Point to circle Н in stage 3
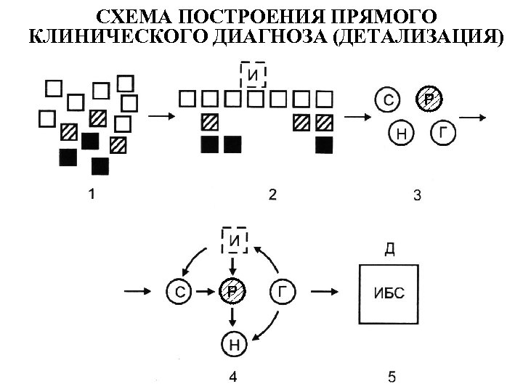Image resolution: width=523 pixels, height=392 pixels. pyautogui.click(x=401, y=133)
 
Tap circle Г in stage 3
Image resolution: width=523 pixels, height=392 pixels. pyautogui.click(x=444, y=133)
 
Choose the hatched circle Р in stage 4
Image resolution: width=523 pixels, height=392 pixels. pyautogui.click(x=232, y=292)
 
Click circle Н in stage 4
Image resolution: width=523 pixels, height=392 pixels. pyautogui.click(x=232, y=342)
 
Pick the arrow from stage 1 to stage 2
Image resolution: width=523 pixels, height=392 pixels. pyautogui.click(x=158, y=115)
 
